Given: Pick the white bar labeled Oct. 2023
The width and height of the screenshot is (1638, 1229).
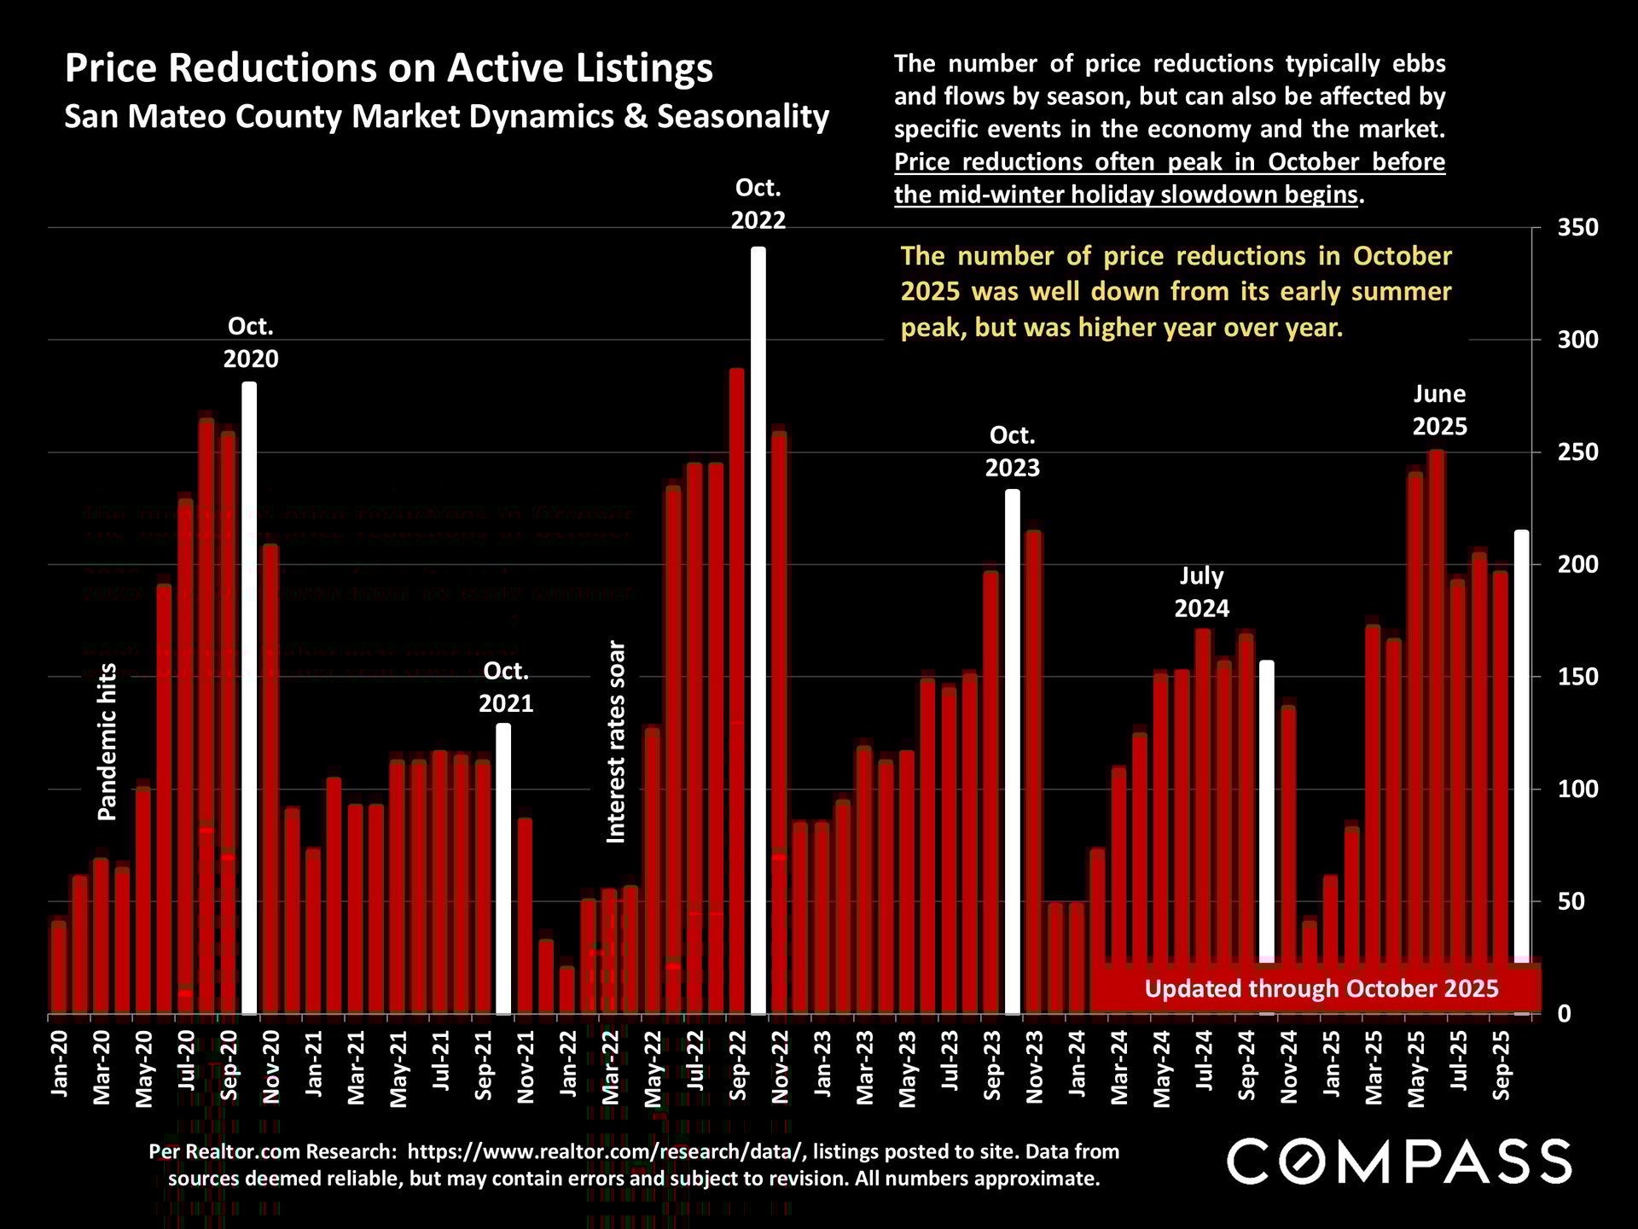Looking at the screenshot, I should (1013, 751).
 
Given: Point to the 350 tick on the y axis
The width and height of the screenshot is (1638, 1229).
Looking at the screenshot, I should (1577, 228).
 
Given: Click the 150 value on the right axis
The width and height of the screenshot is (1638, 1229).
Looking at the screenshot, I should (1577, 677).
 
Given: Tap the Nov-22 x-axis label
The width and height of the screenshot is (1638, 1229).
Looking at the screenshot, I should (781, 1067).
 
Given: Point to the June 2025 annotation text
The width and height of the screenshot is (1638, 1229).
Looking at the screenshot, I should (1440, 410).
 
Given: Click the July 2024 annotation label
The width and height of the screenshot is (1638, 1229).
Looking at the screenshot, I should (1201, 591).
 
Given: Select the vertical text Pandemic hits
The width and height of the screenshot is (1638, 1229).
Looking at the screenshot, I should (107, 742).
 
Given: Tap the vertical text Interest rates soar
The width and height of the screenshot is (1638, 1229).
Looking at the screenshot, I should (616, 742).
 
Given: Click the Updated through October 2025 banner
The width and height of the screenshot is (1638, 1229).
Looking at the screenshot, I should (1321, 988).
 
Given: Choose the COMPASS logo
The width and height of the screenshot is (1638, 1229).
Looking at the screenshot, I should (1399, 1162).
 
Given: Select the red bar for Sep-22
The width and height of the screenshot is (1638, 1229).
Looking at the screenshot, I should (737, 691).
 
